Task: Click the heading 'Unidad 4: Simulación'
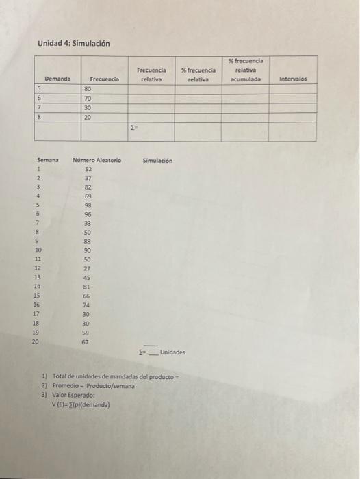click(73, 44)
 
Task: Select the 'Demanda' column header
click(57, 79)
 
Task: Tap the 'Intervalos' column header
click(293, 79)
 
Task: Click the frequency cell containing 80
click(88, 89)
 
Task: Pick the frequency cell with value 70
click(88, 99)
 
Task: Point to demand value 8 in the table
click(39, 117)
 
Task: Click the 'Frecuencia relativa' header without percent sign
click(151, 75)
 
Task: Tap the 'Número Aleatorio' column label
click(97, 160)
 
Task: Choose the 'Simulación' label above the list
click(157, 160)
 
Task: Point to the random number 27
click(88, 269)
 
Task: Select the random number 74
click(88, 305)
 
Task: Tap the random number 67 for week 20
click(86, 341)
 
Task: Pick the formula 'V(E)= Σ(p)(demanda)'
click(81, 404)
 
